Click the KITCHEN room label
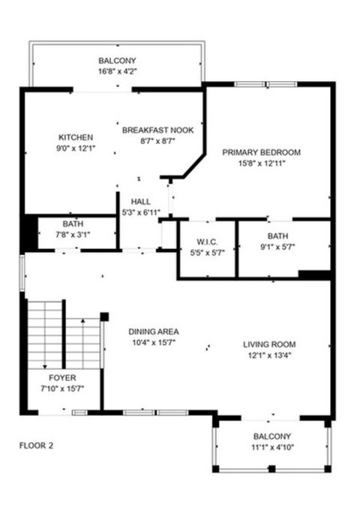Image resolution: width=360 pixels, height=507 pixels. (76, 137)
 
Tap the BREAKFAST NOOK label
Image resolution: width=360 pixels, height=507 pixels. (157, 130)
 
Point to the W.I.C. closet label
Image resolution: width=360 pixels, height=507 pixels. (206, 241)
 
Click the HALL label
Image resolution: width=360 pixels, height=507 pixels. (141, 202)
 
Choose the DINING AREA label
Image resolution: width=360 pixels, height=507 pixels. (153, 331)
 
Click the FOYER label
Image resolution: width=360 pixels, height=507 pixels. (62, 377)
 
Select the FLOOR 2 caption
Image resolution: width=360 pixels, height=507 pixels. (36, 445)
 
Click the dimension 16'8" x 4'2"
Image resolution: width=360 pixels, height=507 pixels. (118, 71)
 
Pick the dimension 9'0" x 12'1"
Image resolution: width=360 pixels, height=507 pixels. (76, 148)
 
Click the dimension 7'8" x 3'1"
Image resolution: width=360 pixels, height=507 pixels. (73, 235)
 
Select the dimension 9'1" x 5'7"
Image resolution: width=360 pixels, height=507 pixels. (278, 247)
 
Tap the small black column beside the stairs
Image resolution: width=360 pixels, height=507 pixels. (104, 316)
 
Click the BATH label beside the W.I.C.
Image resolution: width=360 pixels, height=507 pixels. (278, 237)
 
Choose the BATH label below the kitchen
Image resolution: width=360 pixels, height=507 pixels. (73, 224)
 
